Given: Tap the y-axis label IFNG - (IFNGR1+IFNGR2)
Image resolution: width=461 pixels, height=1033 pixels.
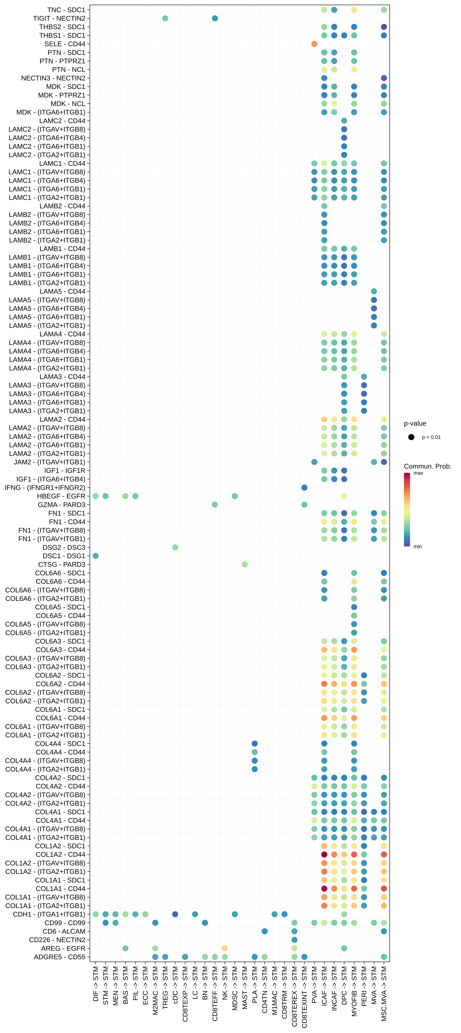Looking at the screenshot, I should (x=45, y=488).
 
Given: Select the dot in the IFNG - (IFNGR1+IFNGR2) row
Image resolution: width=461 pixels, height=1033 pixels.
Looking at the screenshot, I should (x=304, y=488).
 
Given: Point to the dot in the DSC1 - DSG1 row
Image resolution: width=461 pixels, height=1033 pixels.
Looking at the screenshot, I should (x=95, y=556).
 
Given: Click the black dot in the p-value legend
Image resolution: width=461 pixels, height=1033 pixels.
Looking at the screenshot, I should (x=411, y=437).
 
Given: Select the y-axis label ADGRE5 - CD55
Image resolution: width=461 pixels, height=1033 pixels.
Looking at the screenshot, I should (x=60, y=957).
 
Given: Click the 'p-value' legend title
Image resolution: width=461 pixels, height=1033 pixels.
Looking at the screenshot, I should (x=415, y=423).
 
